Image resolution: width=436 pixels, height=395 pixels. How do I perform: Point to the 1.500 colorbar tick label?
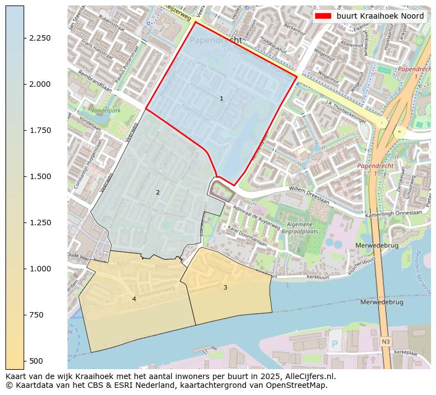coord(40,176)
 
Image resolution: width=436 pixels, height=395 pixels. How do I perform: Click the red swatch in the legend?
coord(323,16)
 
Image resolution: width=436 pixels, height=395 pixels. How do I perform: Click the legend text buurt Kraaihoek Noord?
coord(380,16)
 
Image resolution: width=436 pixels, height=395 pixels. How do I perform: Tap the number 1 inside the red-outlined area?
coord(221,99)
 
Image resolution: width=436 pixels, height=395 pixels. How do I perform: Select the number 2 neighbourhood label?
coord(158,192)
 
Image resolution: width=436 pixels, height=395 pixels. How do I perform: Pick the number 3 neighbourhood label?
coord(225,287)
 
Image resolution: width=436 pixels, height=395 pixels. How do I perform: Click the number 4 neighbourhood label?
coord(134,299)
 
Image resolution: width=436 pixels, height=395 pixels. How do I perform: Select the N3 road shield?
coord(385,342)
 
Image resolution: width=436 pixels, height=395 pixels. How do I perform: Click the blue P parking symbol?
coord(335,344)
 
